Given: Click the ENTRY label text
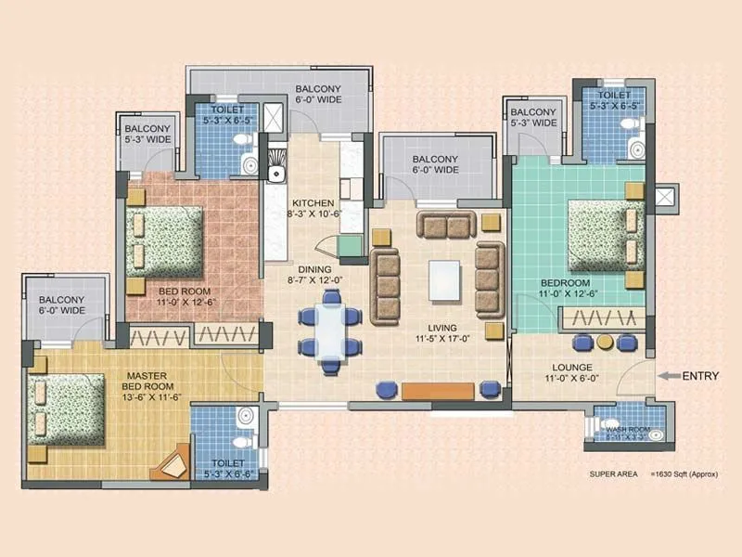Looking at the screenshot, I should tap(702, 376).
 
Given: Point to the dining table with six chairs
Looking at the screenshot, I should tap(329, 330).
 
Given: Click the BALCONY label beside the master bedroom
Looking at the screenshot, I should tap(61, 304).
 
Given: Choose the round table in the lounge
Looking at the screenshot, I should tap(606, 342).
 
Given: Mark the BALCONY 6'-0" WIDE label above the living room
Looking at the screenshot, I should tap(435, 164).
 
